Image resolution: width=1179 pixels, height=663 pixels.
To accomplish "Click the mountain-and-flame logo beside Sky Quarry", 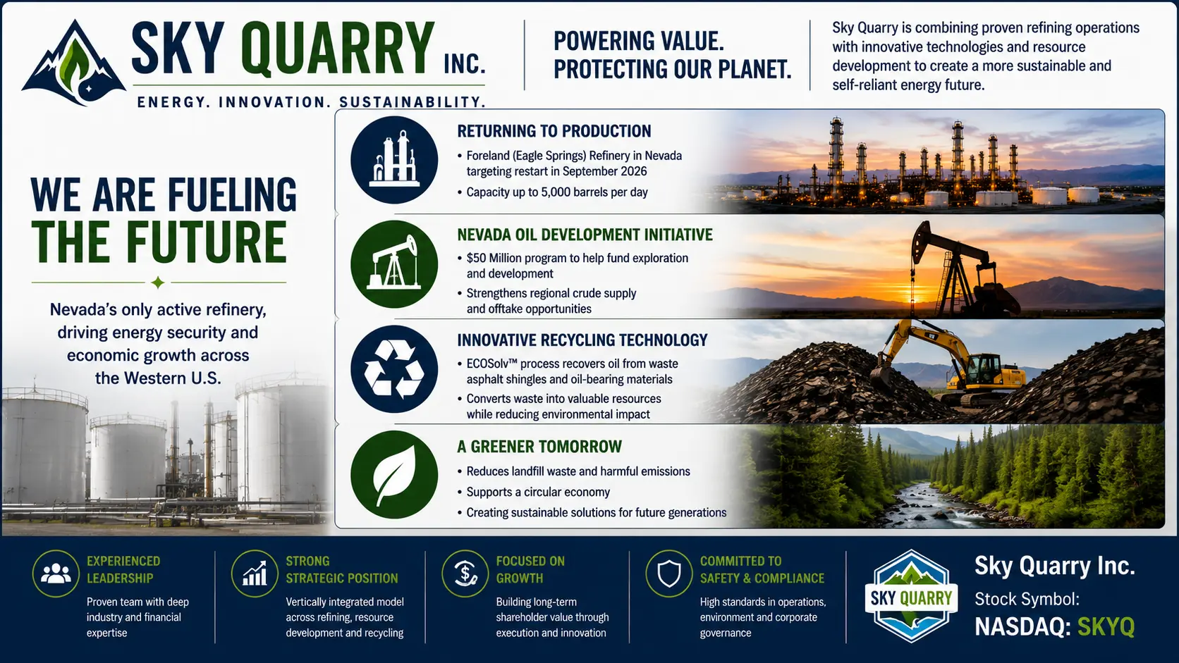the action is point(73,63).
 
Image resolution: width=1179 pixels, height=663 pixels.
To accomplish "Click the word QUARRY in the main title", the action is point(338,49).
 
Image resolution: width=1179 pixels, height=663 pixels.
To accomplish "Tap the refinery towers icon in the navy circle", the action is point(394,159).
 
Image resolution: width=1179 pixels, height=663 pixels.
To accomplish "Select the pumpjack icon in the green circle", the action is point(394,264).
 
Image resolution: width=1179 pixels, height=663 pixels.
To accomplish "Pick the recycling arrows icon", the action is point(394,368).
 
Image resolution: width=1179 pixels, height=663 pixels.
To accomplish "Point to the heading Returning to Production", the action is point(554,131).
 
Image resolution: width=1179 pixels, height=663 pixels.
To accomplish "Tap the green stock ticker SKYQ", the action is point(1106,627).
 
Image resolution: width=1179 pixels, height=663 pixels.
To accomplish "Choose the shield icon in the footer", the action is point(669,574).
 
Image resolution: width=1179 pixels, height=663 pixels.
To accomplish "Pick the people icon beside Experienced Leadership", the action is point(56,574).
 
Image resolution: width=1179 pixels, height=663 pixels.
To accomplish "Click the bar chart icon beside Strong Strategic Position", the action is point(255,574).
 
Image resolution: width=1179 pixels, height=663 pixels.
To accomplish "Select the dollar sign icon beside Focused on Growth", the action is point(465,574).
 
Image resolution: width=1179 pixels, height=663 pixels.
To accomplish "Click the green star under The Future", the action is point(157,283).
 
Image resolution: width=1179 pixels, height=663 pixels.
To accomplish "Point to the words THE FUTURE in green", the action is point(159,242).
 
